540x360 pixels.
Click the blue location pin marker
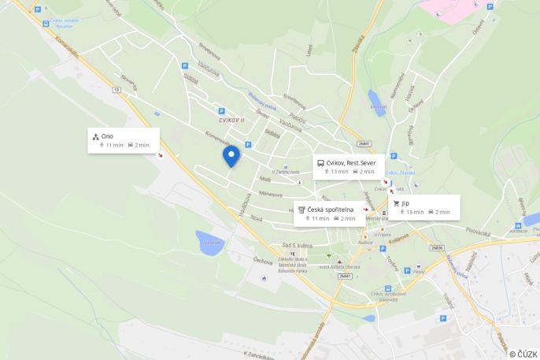(x=231, y=156)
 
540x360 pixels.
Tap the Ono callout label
(x=124, y=140)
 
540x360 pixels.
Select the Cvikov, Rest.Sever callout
(x=349, y=166)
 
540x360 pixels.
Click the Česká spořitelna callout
(x=330, y=213)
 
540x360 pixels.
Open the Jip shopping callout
(x=423, y=206)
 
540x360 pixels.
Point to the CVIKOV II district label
(x=231, y=120)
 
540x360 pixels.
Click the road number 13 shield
(x=117, y=91)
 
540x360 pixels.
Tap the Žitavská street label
(x=359, y=43)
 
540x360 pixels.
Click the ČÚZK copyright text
(x=523, y=354)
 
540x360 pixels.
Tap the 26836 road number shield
(x=436, y=247)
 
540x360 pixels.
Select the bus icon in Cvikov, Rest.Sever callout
(x=320, y=163)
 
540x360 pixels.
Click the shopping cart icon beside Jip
(x=396, y=203)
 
